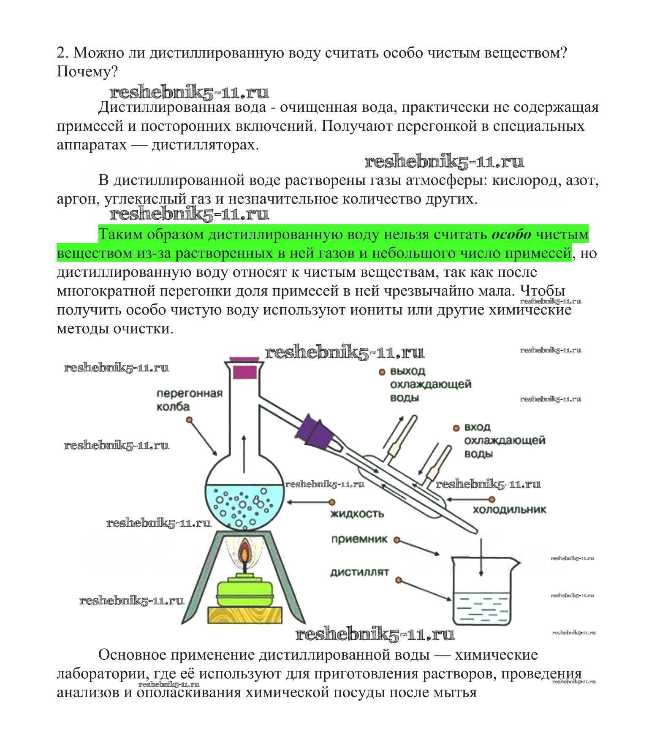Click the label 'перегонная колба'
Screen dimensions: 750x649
click(189, 400)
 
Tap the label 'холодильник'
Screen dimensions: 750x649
click(509, 510)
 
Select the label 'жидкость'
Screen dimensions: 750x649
click(357, 514)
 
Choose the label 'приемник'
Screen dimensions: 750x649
click(359, 539)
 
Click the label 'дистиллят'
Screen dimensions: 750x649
click(359, 573)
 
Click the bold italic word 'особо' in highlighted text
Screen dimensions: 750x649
click(511, 234)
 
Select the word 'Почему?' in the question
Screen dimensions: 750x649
click(87, 72)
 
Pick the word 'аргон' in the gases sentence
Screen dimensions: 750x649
click(76, 199)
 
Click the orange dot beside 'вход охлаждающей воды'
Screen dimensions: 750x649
click(456, 428)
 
